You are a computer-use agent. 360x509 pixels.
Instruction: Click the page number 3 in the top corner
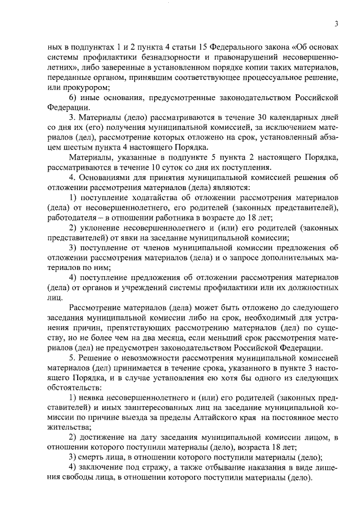tap(336, 24)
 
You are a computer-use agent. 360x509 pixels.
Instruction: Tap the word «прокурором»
tap(88, 87)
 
